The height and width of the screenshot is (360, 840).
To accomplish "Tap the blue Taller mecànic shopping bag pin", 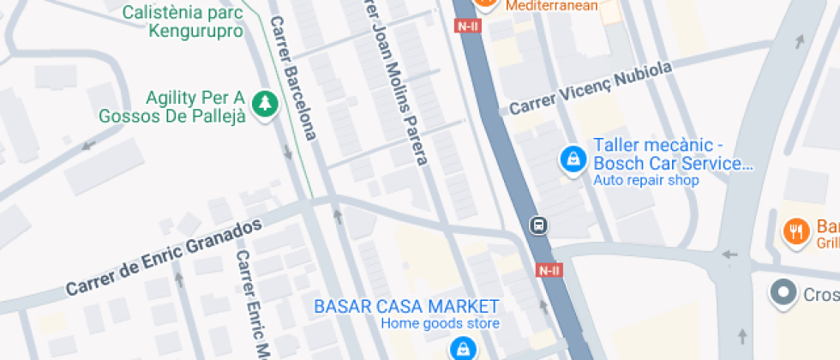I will pos(572,159).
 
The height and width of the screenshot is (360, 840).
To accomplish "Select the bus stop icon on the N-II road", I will pos(540,225).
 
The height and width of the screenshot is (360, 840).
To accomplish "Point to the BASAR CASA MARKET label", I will pos(406,306).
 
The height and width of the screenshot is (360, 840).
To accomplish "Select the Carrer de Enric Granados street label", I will pos(164,255).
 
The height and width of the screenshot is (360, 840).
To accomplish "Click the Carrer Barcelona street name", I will pos(294,78).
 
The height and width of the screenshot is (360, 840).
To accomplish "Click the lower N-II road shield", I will pos(549,270).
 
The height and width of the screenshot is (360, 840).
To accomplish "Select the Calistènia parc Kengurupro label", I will pos(183,22).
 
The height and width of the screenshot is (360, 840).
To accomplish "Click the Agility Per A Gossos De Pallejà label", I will pos(172,105).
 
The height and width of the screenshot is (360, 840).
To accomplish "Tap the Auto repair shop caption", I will pos(646,180).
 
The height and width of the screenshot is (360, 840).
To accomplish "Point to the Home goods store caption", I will pos(440,324).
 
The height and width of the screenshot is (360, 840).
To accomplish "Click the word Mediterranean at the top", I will pos(551,5).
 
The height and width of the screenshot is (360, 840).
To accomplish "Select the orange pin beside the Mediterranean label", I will pos(485,4).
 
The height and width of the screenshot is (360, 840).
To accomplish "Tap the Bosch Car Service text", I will pos(673,163).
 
